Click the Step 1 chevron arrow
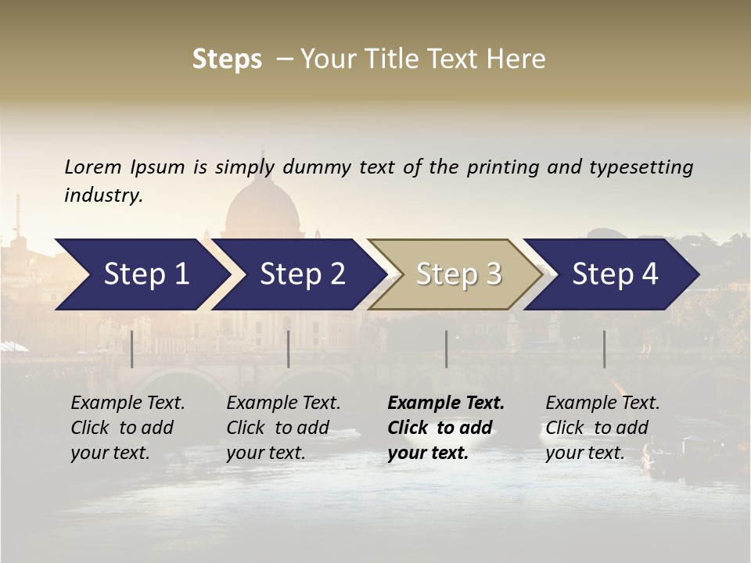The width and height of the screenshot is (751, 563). click(141, 274)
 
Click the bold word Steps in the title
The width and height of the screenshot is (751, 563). click(227, 59)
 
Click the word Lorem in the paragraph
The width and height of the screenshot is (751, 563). click(93, 167)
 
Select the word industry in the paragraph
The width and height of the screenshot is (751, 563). click(103, 195)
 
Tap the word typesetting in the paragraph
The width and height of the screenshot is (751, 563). click(641, 167)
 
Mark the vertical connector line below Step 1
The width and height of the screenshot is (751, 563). click(132, 349)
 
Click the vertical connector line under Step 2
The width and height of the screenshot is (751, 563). click(289, 349)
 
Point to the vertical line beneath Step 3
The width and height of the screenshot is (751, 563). click(446, 349)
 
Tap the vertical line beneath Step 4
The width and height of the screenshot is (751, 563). click(604, 349)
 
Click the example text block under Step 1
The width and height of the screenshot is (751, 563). click(128, 428)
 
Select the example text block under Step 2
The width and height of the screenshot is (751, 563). click(283, 428)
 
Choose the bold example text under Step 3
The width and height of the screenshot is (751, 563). click(446, 428)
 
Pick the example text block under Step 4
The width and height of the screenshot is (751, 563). click(602, 428)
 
